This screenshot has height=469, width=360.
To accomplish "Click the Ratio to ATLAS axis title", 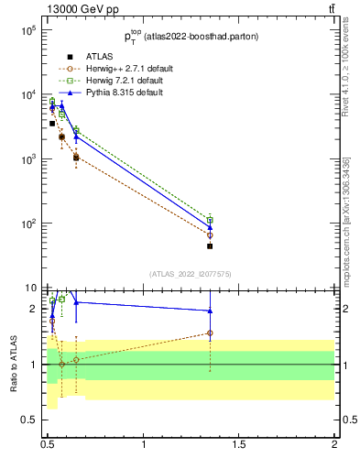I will [14, 363].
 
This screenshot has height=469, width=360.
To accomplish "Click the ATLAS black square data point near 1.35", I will [210, 246].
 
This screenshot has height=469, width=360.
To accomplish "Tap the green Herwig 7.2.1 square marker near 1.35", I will [210, 220].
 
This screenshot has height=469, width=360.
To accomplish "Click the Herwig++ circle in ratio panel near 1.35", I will [210, 333].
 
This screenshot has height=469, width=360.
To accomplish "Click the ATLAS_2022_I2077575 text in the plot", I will [189, 273].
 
